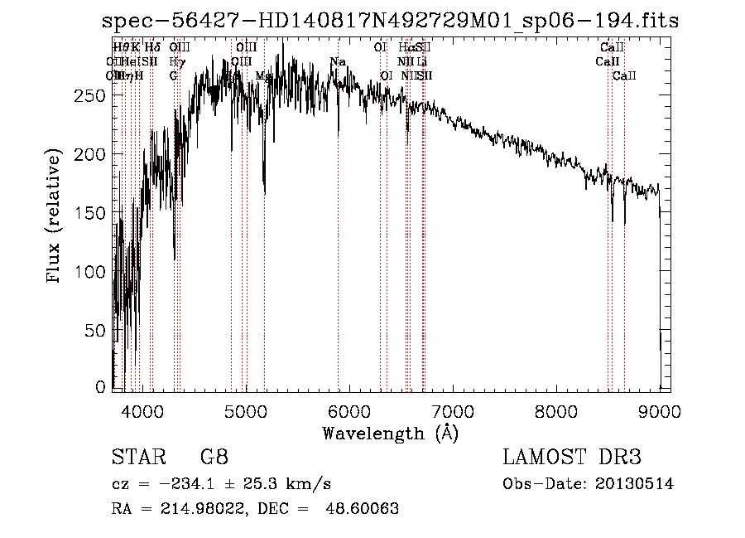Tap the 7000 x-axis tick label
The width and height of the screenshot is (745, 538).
[x=452, y=410]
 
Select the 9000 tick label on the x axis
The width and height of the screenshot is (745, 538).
[x=659, y=410]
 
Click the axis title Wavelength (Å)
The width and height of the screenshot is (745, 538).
[x=390, y=433]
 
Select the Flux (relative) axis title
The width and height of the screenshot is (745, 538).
[x=55, y=217]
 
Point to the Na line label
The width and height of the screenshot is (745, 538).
[x=338, y=62]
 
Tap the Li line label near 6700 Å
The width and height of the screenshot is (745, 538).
[x=422, y=62]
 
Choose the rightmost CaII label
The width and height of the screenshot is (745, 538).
[x=624, y=75]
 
